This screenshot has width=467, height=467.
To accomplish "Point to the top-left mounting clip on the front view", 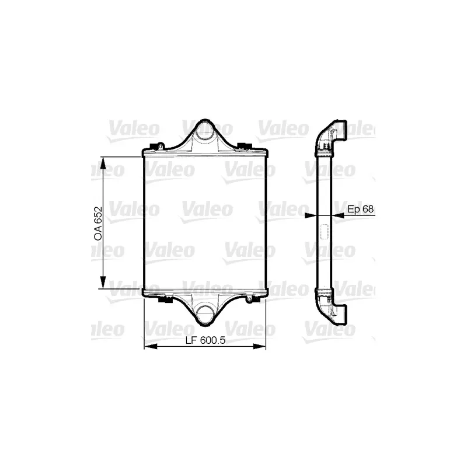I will (158, 146).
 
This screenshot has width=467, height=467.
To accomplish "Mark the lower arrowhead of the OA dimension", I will (103, 284).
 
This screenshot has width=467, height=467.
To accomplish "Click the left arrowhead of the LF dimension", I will (148, 348).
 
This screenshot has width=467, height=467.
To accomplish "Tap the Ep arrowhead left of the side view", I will (311, 215).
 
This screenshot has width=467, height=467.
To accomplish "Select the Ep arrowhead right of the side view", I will (335, 215).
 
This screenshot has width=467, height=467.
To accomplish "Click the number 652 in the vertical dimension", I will (97, 215).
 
